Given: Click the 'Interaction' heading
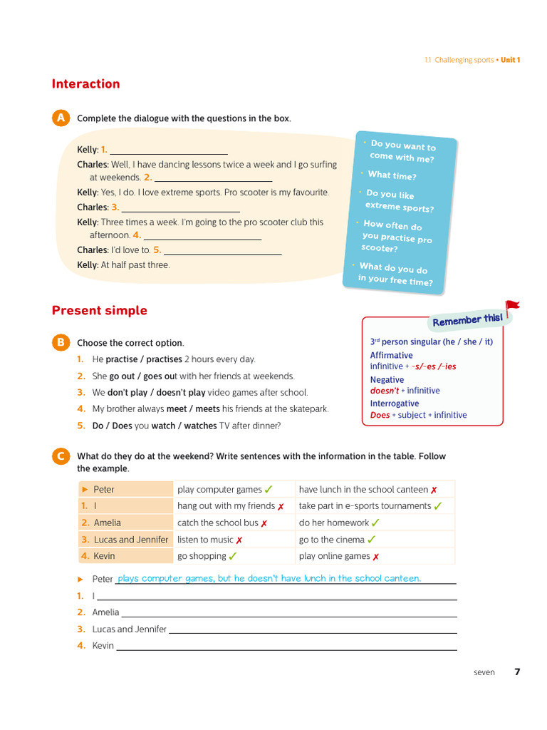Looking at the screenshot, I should [x=85, y=84].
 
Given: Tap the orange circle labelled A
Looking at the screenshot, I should [x=61, y=118].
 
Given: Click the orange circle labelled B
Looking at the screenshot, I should [x=61, y=343].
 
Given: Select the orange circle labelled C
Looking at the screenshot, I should [x=61, y=456].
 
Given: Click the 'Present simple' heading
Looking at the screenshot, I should [x=99, y=311].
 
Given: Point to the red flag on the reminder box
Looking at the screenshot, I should [x=512, y=307].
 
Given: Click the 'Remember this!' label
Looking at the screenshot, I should [x=467, y=320].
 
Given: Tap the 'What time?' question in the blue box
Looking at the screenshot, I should [x=392, y=175].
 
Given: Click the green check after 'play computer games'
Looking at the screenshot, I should [x=269, y=490].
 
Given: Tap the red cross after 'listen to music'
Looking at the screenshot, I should [x=239, y=540].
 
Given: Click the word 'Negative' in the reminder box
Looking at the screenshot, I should [x=387, y=380].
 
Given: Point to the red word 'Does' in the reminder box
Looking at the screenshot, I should [x=380, y=415].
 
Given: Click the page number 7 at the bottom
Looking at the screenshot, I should [x=517, y=672].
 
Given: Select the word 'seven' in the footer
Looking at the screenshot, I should [x=484, y=672].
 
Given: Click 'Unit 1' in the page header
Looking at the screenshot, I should [x=510, y=60].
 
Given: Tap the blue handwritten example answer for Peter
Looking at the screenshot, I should [x=269, y=578].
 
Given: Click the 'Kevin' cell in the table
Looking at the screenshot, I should [x=104, y=556].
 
